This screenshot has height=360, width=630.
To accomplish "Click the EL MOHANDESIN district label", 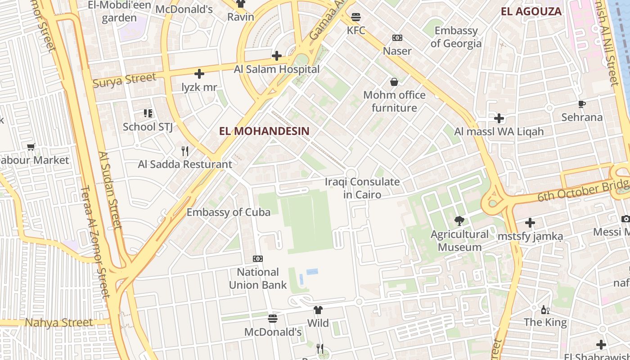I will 264,131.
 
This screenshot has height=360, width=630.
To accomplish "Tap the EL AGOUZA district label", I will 531,12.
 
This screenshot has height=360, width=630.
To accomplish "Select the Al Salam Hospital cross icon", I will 277,56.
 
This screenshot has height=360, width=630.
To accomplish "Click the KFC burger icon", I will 356,17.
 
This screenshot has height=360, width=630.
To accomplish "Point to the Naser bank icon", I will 397,38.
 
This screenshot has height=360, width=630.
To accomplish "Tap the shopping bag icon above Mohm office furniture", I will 394,82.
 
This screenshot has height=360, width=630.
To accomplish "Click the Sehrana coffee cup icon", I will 582,104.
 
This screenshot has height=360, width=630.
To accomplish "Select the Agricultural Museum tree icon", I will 459,221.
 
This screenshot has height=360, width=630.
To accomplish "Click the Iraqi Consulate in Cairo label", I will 362,188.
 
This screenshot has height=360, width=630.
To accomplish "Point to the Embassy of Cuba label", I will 229,212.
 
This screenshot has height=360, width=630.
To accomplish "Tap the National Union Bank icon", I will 258,259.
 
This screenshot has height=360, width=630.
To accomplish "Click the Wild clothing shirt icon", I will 318,310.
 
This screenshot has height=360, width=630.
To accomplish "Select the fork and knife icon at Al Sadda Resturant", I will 184,151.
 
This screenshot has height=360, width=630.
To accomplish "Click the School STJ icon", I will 148,113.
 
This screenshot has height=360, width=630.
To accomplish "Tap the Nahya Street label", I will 58,323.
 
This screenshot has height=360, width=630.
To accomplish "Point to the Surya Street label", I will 124,80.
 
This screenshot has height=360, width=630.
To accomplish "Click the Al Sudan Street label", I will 110,189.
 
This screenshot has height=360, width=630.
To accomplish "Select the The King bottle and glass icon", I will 545,310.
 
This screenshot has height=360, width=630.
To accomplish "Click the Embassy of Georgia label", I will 456,37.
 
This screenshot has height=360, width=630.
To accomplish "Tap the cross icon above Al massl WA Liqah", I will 499,118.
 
